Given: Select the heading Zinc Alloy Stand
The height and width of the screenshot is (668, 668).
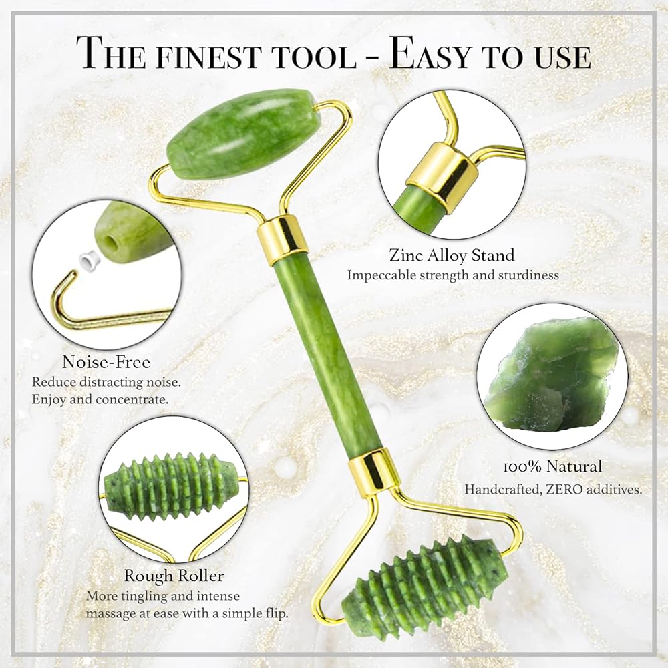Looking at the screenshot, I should click(x=452, y=255).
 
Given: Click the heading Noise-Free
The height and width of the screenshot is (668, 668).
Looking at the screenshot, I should click(x=106, y=362).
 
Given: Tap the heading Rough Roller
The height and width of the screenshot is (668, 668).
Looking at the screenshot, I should click(x=174, y=576).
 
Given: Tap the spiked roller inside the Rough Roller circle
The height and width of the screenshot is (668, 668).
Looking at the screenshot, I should click(x=170, y=486).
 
